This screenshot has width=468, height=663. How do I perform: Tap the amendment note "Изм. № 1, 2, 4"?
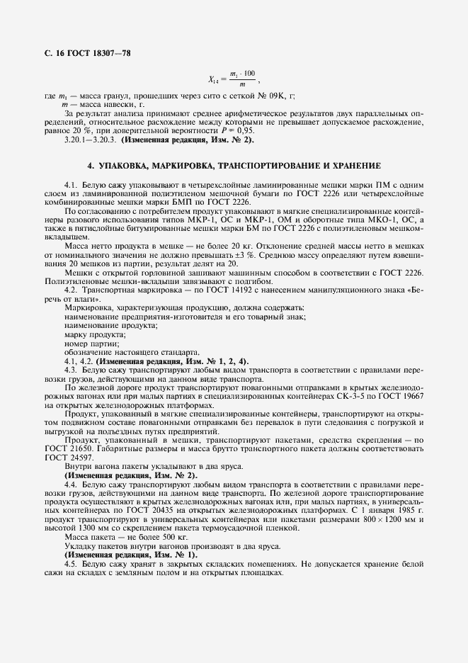(216, 361)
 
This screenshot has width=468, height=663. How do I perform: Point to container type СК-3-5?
(333, 396)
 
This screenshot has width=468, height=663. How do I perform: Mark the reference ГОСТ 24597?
(66, 458)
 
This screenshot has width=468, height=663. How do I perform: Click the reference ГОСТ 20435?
(162, 510)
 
